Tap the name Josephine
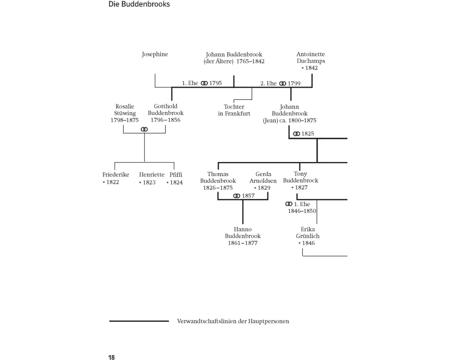[x=155, y=54]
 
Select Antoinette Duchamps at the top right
[x=310, y=58]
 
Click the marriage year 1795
[x=216, y=83]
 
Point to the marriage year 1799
[x=294, y=83]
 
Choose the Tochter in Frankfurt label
[x=234, y=110]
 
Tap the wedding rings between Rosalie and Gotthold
[x=144, y=129]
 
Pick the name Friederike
[x=116, y=175]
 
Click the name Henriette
[x=152, y=175]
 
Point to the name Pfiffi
[x=176, y=175]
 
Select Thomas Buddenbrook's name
[x=218, y=177]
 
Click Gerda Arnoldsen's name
[x=263, y=177]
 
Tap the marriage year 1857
[x=248, y=196]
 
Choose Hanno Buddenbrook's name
[x=243, y=233]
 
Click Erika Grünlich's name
[x=308, y=233]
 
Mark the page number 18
[x=112, y=357]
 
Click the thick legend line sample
[x=139, y=321]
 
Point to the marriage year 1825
[x=308, y=134]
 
